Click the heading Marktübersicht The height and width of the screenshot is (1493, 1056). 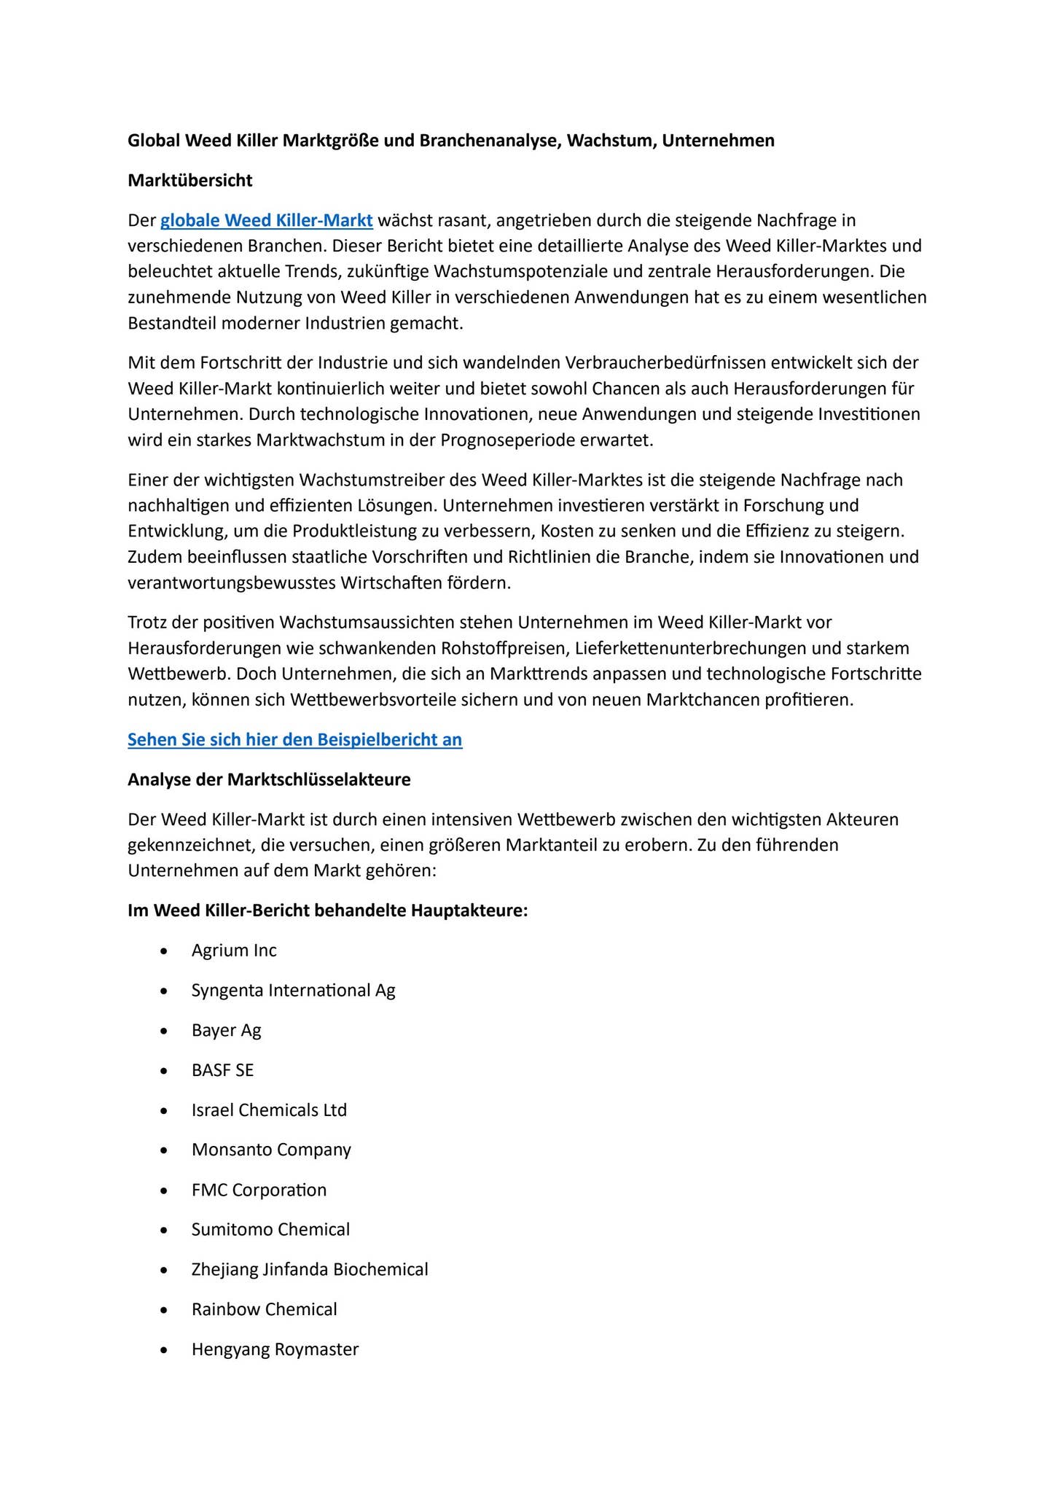(x=189, y=180)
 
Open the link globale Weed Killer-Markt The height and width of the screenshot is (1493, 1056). (x=266, y=220)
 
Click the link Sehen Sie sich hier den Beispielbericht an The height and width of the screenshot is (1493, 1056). (x=294, y=739)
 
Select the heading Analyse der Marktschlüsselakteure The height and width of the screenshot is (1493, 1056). (x=269, y=779)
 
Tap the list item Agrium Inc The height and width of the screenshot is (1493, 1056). (x=234, y=951)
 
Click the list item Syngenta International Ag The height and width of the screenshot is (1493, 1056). (x=293, y=990)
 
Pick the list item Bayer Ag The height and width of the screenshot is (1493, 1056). (x=226, y=1030)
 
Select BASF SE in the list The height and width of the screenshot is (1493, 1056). (x=222, y=1070)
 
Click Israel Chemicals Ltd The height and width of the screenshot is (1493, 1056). (x=269, y=1110)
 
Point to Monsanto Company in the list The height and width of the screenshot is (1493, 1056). (x=271, y=1150)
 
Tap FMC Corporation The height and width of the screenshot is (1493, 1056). (x=259, y=1190)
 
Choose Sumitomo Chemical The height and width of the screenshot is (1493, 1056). (x=270, y=1229)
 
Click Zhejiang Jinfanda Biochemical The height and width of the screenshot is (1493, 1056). (x=310, y=1269)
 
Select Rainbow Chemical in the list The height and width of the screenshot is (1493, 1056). (x=264, y=1309)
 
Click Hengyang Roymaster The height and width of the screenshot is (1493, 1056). (x=275, y=1349)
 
